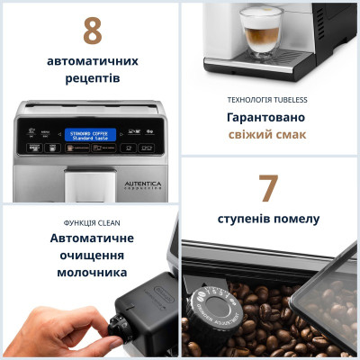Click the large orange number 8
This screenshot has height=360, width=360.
click(x=91, y=31)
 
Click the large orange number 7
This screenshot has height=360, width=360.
click(x=268, y=188)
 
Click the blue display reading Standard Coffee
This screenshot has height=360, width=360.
click(x=90, y=135)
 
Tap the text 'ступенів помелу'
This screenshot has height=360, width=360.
click(x=268, y=219)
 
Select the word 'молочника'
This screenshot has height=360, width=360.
click(x=90, y=272)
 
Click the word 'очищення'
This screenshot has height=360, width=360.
click(x=90, y=255)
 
